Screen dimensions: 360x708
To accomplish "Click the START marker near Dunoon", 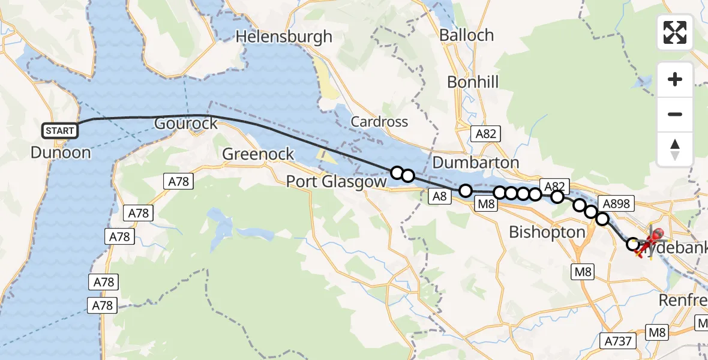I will (60, 130).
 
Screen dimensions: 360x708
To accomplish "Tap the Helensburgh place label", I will (284, 37).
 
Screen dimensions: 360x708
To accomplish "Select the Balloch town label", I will (466, 35).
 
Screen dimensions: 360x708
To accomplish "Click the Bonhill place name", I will (473, 82).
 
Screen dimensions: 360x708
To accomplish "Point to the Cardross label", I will (379, 122).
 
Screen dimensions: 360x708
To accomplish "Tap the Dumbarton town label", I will (475, 163).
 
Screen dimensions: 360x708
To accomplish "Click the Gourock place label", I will (185, 124).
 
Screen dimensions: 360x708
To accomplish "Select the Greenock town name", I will (258, 154).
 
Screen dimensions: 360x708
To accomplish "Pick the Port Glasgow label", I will (336, 181).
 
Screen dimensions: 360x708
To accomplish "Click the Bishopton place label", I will (547, 232).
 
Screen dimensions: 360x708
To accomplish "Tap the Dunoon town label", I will (61, 152).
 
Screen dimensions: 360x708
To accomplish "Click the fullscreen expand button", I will (675, 32).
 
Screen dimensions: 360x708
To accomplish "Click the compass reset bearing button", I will (675, 149).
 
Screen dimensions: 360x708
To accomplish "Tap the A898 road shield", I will (616, 204).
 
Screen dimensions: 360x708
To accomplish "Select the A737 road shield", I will (616, 341).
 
